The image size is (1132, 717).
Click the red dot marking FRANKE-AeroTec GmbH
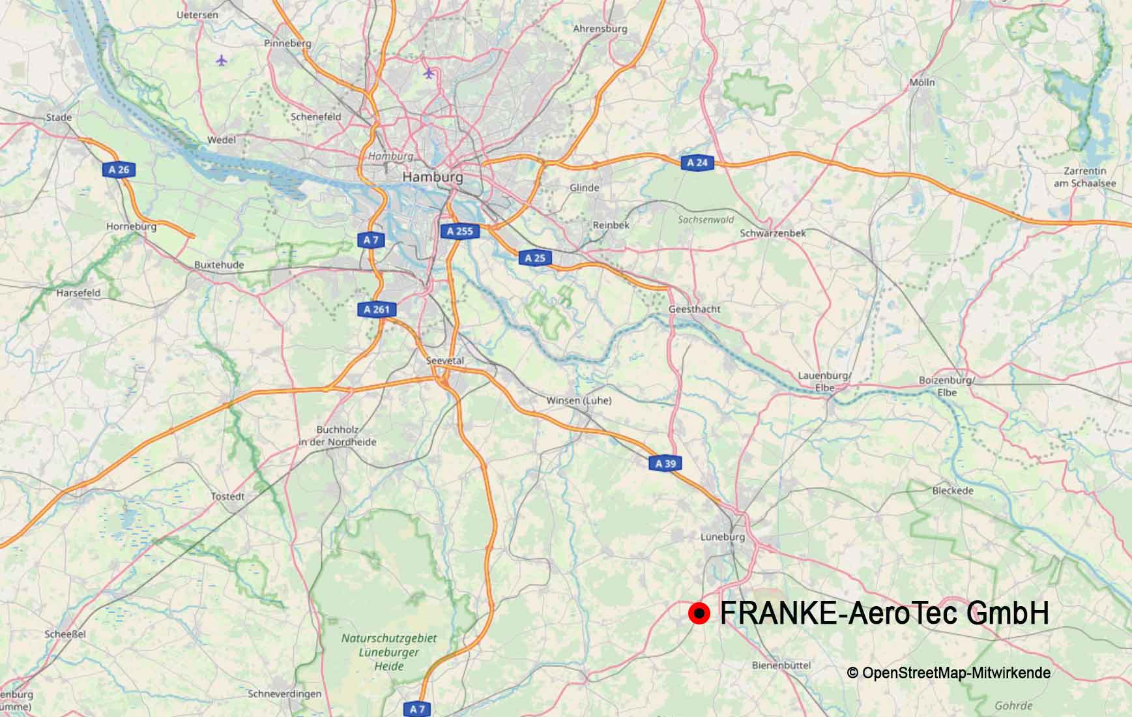[x=699, y=613]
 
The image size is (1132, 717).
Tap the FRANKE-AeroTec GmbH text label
[x=884, y=613]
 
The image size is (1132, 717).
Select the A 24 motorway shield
[x=697, y=163]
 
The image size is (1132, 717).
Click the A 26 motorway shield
[x=119, y=170]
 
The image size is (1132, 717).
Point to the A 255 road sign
[x=460, y=231]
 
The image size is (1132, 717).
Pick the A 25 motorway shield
[x=535, y=258]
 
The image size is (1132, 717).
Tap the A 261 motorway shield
[x=376, y=310]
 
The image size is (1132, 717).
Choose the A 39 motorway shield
[x=665, y=463]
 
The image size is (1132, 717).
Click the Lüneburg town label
[x=722, y=537]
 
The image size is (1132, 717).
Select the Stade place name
[x=59, y=117]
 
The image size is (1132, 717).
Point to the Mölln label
[x=922, y=82]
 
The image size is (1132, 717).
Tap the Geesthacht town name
[x=694, y=309]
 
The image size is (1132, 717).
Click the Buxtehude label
[x=219, y=265]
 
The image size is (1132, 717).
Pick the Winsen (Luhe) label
[x=579, y=400]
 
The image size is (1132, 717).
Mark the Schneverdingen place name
[x=285, y=694]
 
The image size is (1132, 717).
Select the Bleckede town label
[x=952, y=490]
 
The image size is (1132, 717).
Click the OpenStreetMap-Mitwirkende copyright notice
[x=948, y=673]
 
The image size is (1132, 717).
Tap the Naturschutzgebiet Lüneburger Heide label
[x=389, y=652]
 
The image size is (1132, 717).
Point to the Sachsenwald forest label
[x=706, y=220]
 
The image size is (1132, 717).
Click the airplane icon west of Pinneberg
[x=222, y=61]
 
